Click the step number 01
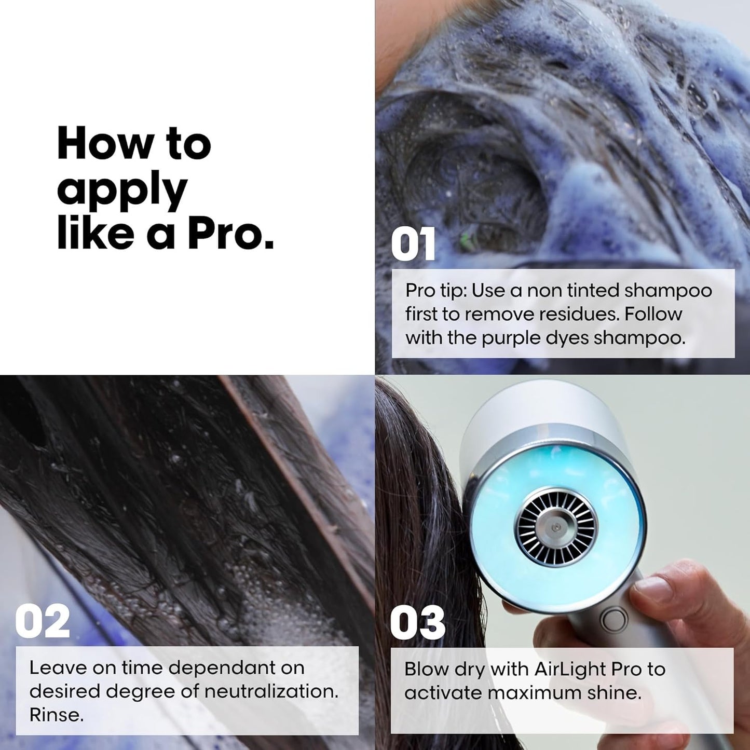point(413,245)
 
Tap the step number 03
point(417,622)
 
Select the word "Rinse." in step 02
point(56,715)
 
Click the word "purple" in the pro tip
point(513,338)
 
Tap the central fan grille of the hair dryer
point(555,527)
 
